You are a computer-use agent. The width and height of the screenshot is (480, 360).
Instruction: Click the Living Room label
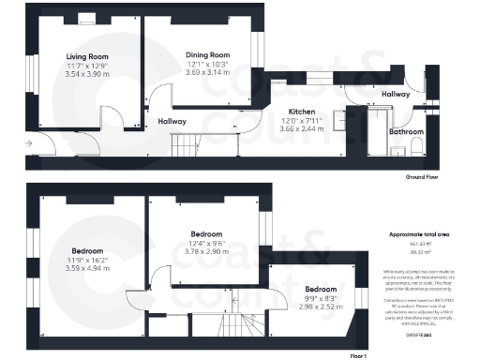point(87,56)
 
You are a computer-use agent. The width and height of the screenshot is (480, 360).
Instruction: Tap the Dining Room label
point(207,54)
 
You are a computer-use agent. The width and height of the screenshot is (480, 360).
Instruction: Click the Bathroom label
point(407,132)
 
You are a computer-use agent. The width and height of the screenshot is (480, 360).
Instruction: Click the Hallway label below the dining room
point(172,121)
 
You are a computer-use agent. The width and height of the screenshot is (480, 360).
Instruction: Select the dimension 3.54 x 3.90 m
point(87,73)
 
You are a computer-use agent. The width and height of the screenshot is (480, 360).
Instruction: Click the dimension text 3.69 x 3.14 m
point(207,71)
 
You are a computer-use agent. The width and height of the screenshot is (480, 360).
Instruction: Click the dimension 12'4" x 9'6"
point(206,242)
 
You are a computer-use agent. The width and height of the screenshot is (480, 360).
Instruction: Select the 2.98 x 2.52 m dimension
point(320,305)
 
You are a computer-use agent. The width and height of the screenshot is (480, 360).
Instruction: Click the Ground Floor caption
point(423,175)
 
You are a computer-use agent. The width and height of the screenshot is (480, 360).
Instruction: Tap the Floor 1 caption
point(357,355)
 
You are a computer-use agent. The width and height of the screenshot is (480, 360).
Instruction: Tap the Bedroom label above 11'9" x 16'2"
point(88,251)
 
